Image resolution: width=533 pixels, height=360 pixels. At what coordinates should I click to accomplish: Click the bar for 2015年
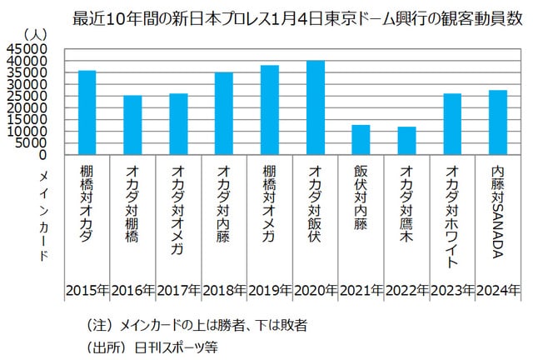pyautogui.click(x=87, y=112)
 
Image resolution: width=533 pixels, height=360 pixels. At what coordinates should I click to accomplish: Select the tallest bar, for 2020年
pyautogui.click(x=315, y=107)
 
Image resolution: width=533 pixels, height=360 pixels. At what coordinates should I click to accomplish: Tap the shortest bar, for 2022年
pyautogui.click(x=406, y=141)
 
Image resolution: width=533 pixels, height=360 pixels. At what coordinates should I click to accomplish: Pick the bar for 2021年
pyautogui.click(x=361, y=140)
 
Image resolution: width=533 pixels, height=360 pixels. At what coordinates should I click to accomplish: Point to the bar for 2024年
pyautogui.click(x=497, y=122)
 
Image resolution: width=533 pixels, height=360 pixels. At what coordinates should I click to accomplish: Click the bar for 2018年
pyautogui.click(x=224, y=113)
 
